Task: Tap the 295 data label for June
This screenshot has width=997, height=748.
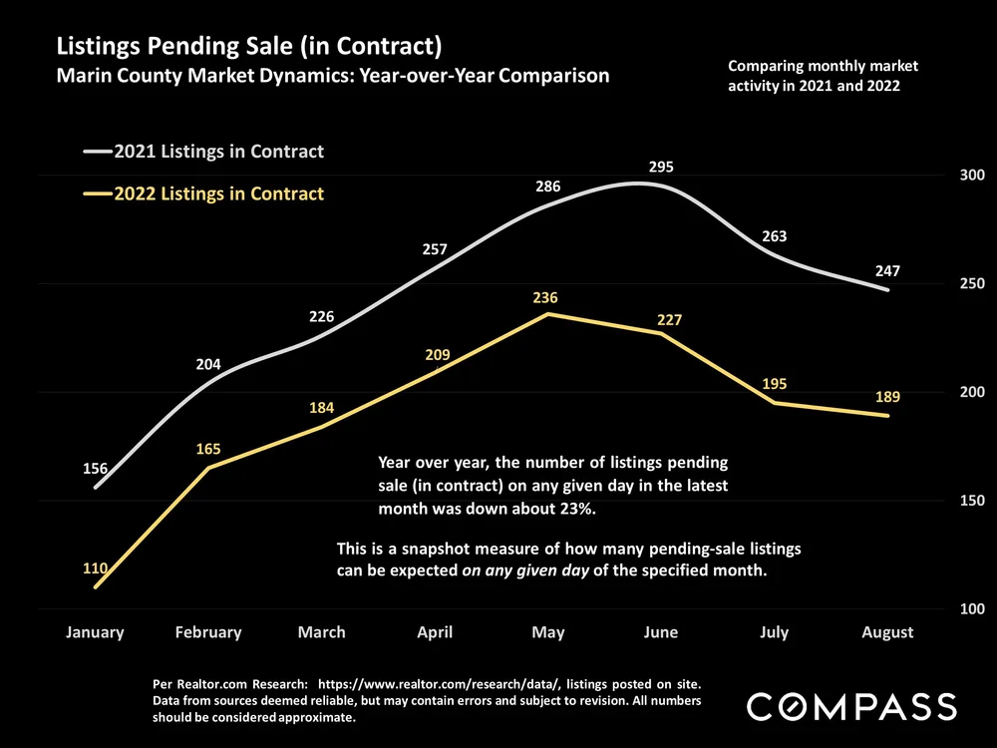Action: pos(661,167)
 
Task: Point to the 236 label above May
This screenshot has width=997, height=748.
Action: pos(545,297)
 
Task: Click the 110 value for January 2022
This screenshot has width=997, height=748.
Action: pos(96,568)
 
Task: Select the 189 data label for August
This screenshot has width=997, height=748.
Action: pos(887,397)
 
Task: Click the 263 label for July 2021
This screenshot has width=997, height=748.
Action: pos(774,236)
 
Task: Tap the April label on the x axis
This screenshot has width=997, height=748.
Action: pos(435,632)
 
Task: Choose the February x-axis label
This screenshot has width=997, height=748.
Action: pos(208,632)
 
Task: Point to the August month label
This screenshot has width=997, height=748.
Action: pos(887,632)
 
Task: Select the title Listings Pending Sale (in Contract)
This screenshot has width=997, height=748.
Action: pos(249,46)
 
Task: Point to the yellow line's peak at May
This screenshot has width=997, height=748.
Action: pos(547,314)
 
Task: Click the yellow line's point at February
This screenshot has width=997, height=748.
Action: pos(208,467)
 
